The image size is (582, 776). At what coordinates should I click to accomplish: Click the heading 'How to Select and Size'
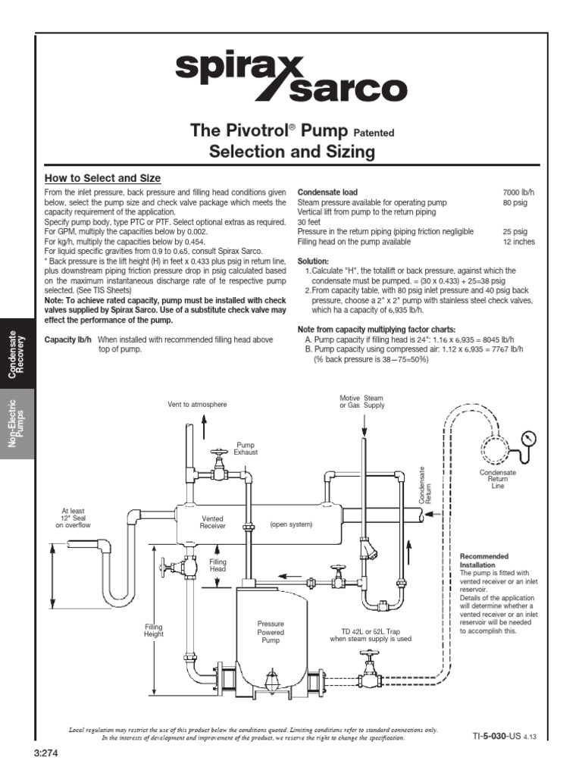point(102,178)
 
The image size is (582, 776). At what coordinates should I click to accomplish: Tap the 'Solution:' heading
point(314,260)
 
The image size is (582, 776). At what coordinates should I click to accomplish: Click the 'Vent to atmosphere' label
point(197,404)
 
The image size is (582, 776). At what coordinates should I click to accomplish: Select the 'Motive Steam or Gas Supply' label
point(362,402)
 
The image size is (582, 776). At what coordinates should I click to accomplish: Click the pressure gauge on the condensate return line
point(528,438)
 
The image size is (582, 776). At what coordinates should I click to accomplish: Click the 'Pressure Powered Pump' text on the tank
point(271,632)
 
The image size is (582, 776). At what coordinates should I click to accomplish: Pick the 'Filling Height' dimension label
point(154,630)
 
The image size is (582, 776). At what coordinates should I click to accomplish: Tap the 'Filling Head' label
point(218,565)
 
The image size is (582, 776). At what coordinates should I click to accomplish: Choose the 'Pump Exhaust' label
point(246,449)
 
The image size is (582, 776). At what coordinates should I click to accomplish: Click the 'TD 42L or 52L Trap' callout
point(371,634)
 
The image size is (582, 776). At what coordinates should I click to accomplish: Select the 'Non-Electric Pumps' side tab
point(17,424)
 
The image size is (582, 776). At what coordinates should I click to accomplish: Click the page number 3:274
point(46,753)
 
